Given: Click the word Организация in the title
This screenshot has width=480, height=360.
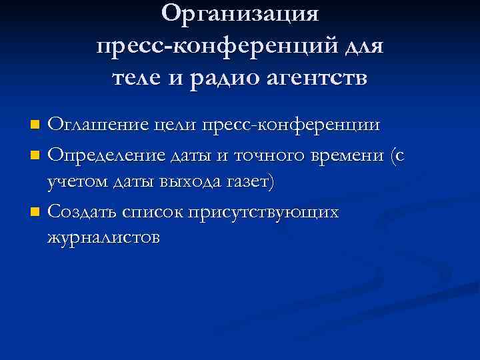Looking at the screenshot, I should click(x=240, y=13).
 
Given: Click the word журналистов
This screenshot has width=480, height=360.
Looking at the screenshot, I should click(x=103, y=238).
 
